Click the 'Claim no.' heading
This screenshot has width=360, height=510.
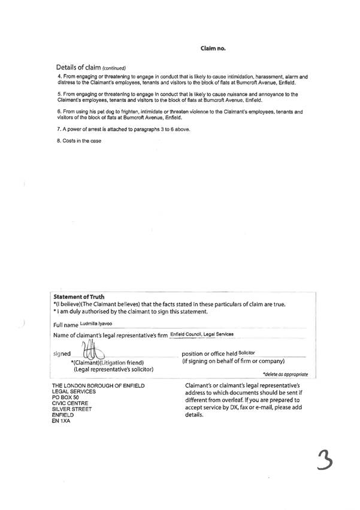tap(212, 47)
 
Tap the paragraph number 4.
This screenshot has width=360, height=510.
tap(59, 77)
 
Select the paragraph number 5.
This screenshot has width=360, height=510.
tap(59, 95)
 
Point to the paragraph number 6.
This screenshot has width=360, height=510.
tap(59, 112)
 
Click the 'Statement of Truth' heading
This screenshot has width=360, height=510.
tap(79, 297)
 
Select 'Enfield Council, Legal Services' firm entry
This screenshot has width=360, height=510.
tap(201, 334)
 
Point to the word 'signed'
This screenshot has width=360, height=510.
tap(62, 354)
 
